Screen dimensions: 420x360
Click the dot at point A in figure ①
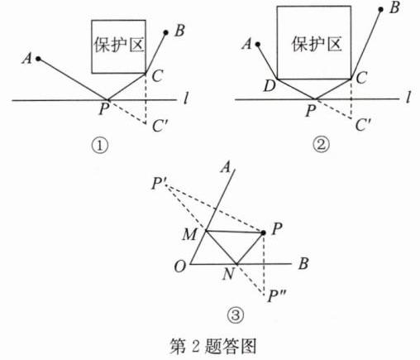(x=38, y=59)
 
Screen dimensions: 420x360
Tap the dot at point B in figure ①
(x=165, y=33)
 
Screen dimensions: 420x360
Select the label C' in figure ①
(x=160, y=126)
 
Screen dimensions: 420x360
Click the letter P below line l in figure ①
(x=104, y=108)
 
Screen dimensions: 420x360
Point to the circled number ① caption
(x=100, y=146)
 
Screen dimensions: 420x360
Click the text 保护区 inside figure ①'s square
(x=119, y=44)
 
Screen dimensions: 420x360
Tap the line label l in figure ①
(x=187, y=98)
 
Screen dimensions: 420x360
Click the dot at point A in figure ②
(x=258, y=44)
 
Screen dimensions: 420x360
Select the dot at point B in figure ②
(x=381, y=10)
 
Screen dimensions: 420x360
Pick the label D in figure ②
(x=270, y=86)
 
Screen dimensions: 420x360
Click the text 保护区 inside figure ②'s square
(x=317, y=44)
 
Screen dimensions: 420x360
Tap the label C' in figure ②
(x=363, y=125)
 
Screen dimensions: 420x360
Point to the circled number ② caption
(x=321, y=145)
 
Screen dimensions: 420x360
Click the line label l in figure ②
(x=408, y=97)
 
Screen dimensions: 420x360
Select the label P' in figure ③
(x=157, y=183)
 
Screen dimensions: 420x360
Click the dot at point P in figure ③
(x=264, y=233)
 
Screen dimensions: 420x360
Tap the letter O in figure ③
(x=180, y=266)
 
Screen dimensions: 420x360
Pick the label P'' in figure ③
(x=276, y=297)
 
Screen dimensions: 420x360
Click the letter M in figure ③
(x=189, y=235)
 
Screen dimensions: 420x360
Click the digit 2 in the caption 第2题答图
(x=195, y=346)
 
